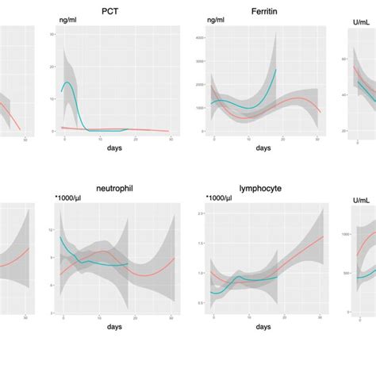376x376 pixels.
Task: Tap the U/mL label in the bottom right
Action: pos(361,202)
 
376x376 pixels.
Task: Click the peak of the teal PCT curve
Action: pos(68,82)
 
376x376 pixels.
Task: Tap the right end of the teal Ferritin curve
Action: pos(275,70)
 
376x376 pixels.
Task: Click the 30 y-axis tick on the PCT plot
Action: pos(52,35)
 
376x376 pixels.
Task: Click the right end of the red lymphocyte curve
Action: pos(323,236)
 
